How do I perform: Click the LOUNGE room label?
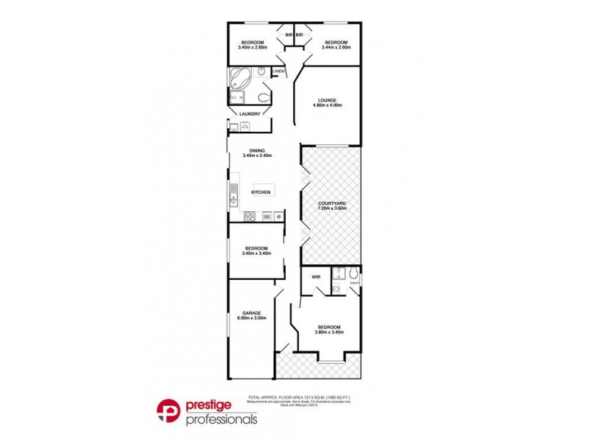[x=327, y=100]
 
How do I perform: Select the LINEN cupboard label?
[x=278, y=71]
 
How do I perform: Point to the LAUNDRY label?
[x=249, y=113]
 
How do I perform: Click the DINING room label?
[x=256, y=150]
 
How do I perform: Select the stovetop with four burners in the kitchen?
[x=250, y=216]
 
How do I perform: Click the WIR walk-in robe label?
[x=315, y=277]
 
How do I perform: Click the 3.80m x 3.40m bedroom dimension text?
[x=329, y=332]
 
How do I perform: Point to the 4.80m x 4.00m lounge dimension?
[x=327, y=105]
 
